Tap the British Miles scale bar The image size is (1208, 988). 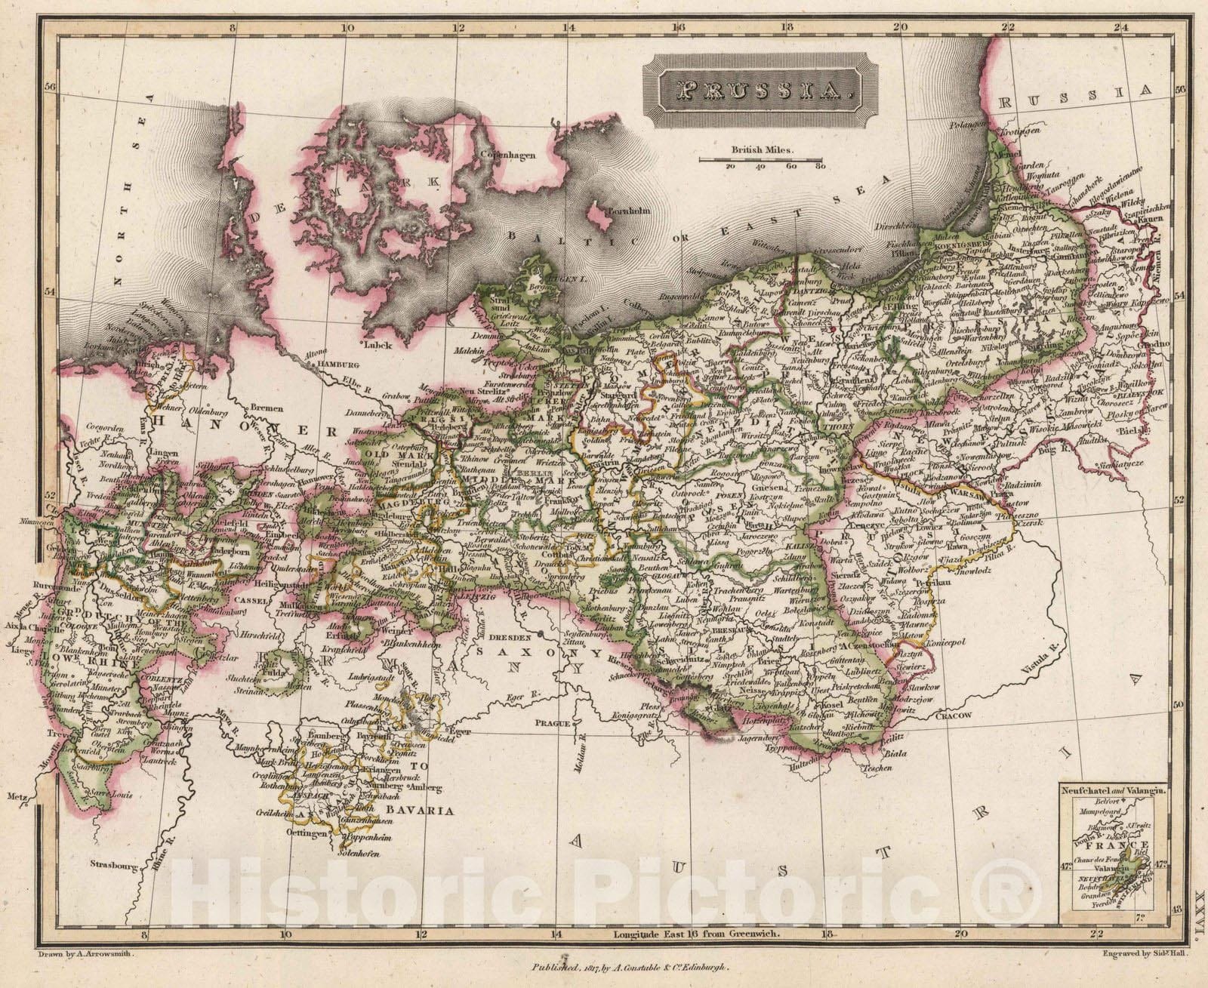click(x=760, y=159)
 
